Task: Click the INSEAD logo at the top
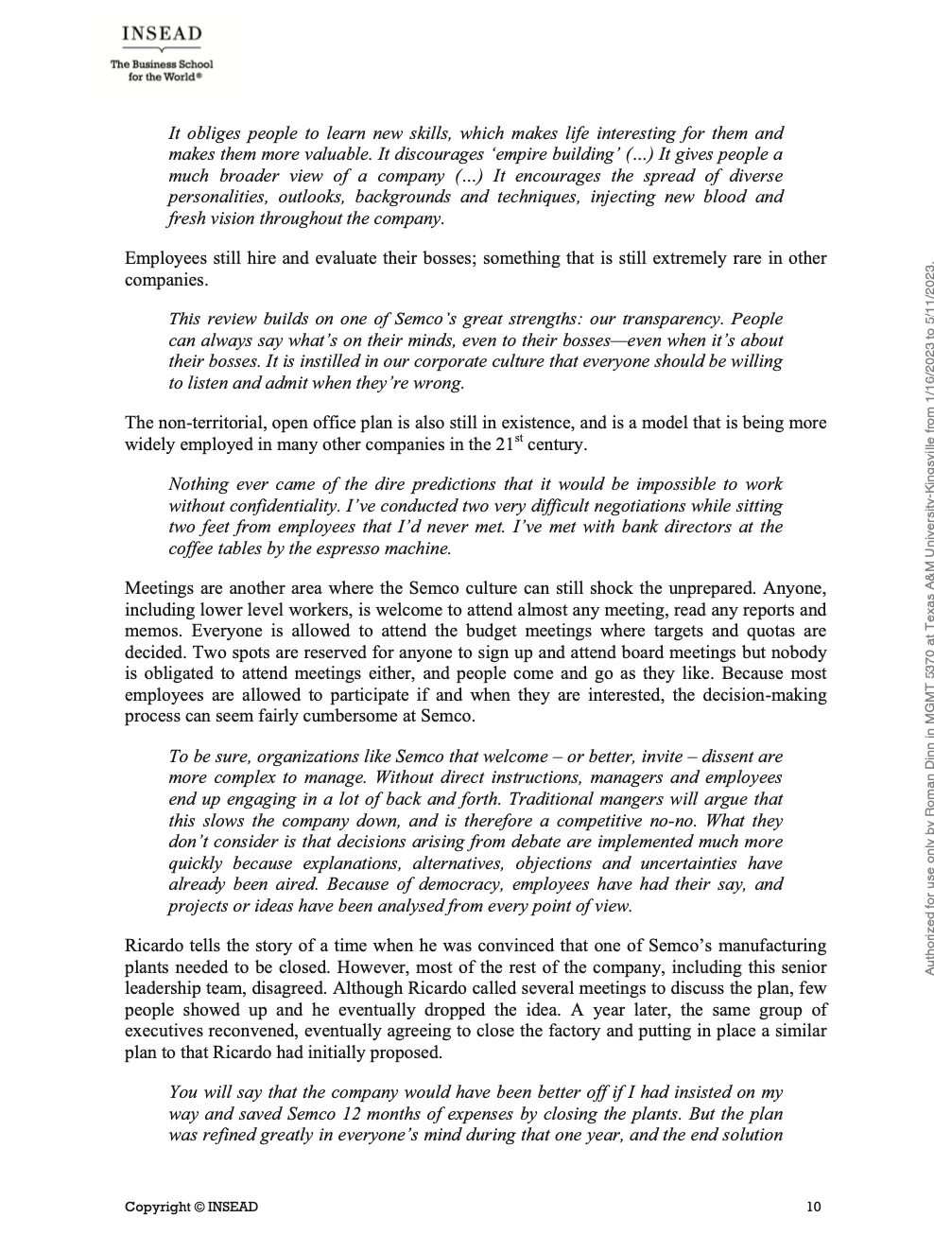(162, 35)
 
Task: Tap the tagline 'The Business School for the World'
(162, 70)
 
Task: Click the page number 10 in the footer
(814, 1207)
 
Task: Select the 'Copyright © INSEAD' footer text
(191, 1207)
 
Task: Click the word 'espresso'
(342, 548)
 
